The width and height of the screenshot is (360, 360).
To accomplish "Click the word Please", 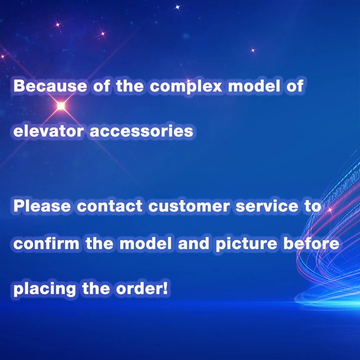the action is click(42, 206).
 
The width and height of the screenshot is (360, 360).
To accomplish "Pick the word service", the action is click(267, 206).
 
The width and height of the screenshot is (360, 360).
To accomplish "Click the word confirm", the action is click(46, 243).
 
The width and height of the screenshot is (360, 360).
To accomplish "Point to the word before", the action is click(311, 243).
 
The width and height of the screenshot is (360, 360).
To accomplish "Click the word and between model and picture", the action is click(194, 243).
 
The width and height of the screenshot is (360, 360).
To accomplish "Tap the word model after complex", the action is click(254, 86).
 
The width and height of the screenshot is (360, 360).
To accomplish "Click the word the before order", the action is click(96, 288).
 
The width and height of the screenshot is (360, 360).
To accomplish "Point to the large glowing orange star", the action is click(61, 106).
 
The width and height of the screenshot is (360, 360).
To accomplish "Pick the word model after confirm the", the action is click(145, 243).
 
